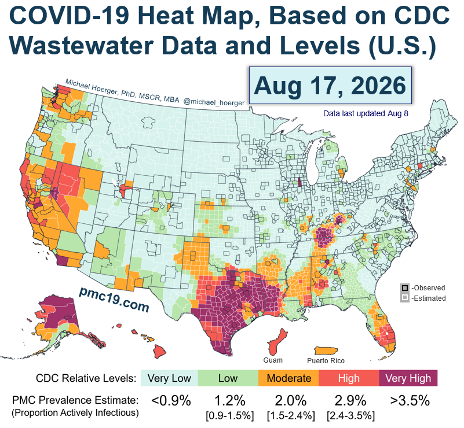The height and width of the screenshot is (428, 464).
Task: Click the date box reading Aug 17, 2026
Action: [x=330, y=86]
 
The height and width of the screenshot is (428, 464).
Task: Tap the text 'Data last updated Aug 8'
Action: [x=366, y=114]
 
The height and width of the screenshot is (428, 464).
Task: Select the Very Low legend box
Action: [x=169, y=378]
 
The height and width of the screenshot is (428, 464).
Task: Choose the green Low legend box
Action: [x=228, y=378]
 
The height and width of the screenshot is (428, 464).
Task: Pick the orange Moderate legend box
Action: [x=288, y=378]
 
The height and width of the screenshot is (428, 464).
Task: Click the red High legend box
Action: [x=349, y=378]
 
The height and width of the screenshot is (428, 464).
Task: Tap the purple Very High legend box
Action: [x=408, y=378]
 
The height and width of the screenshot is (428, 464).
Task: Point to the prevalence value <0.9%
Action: [x=171, y=401]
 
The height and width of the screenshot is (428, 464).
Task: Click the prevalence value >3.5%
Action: [x=410, y=401]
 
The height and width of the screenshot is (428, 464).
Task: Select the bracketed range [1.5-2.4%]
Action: [x=291, y=416]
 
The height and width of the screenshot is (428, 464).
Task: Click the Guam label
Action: [x=273, y=360]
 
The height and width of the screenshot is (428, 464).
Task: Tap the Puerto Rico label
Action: [x=326, y=361]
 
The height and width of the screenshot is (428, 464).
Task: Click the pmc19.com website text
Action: [x=114, y=299]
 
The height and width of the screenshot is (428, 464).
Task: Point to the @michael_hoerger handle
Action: [x=214, y=102]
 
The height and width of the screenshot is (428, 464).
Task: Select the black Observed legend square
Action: [x=404, y=288]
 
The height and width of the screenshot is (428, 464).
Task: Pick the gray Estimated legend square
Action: [x=404, y=298]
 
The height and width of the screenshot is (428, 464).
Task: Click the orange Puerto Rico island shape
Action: [x=326, y=350]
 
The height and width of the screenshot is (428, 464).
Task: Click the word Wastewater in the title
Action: [x=82, y=46]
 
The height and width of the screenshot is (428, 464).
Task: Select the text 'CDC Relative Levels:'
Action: [x=86, y=378]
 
